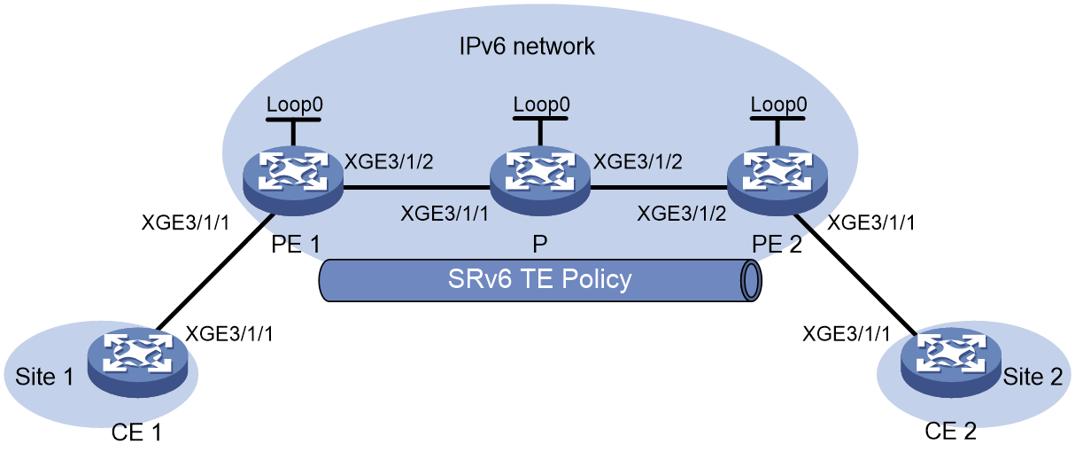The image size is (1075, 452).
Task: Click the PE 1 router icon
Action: [293, 180]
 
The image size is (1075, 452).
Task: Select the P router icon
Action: [540, 180]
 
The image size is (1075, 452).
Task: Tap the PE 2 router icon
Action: [777, 180]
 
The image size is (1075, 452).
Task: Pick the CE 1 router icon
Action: [138, 362]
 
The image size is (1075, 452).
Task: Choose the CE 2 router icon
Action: [951, 362]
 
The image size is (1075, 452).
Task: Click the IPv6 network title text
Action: [527, 47]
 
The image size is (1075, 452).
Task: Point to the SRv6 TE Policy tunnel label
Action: [539, 279]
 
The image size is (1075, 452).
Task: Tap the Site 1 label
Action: [44, 377]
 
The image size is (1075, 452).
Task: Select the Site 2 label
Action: [1032, 377]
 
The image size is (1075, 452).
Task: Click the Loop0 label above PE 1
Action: [295, 105]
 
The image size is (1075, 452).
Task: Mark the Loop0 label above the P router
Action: [542, 105]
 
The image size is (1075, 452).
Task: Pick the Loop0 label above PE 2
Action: [779, 105]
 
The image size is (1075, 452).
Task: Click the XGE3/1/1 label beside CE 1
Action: [229, 334]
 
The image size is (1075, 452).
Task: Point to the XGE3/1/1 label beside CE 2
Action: [847, 334]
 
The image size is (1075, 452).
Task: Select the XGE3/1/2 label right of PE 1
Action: [390, 162]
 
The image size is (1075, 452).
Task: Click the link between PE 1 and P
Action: [416, 187]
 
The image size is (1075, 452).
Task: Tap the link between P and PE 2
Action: [659, 187]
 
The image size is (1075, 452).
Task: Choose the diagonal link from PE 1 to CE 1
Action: [214, 272]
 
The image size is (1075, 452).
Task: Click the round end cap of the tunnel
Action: [751, 281]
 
